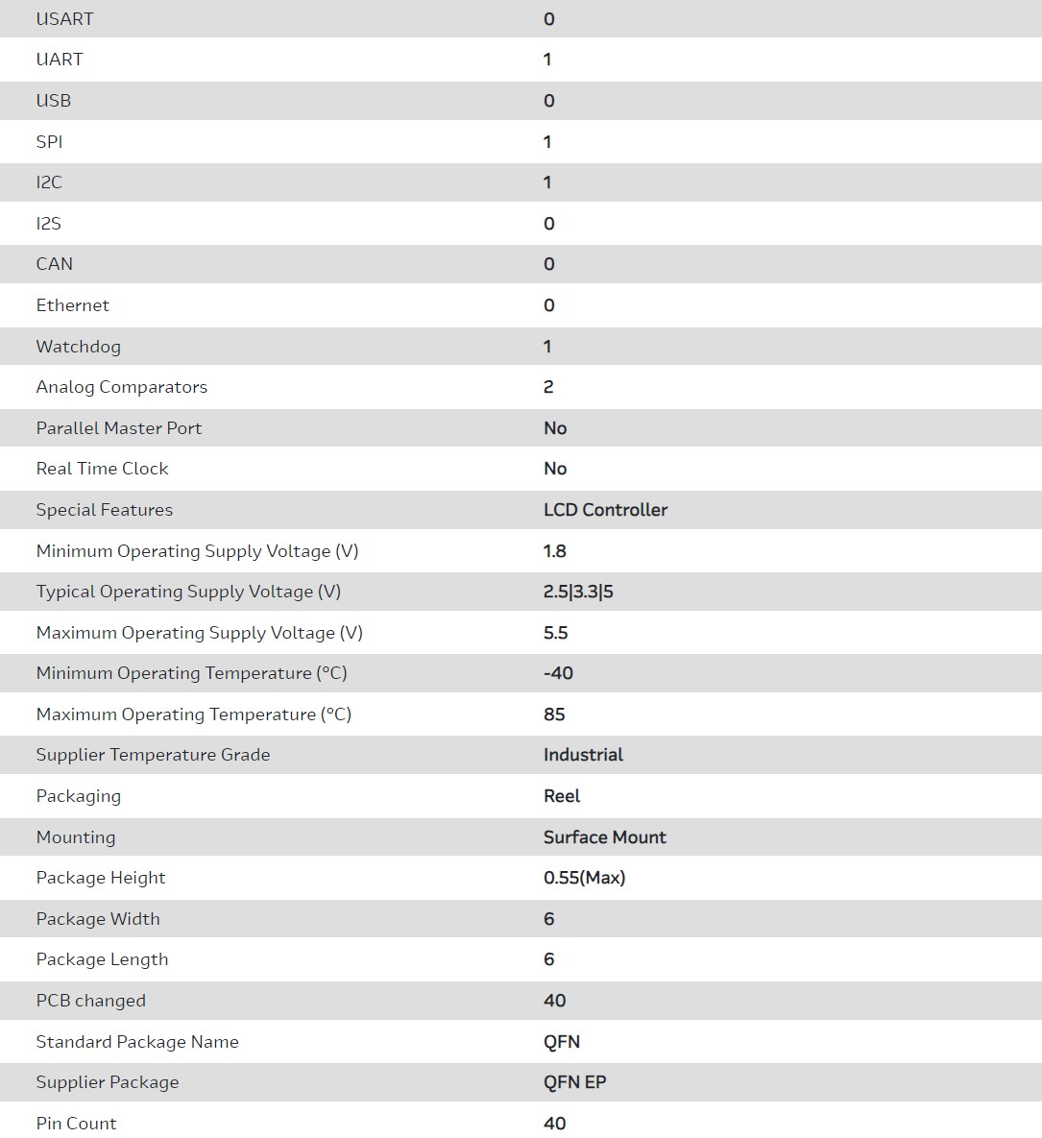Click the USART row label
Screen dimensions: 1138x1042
point(64,19)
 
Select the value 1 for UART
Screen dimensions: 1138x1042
point(547,60)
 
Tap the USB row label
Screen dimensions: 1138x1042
point(54,101)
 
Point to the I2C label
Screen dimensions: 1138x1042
point(49,182)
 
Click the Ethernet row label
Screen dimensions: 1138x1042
point(73,305)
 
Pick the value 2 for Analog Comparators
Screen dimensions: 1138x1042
point(548,387)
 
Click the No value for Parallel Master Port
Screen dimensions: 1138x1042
point(555,428)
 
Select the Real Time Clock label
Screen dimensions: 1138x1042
point(102,469)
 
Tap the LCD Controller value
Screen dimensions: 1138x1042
point(605,510)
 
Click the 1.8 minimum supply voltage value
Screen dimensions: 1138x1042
point(555,551)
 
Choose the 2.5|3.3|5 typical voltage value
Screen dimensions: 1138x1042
point(578,592)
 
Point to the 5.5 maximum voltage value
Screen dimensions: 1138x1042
point(556,633)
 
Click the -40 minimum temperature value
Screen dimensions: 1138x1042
point(558,673)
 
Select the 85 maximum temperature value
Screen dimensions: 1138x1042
point(554,714)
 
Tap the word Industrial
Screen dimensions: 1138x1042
point(583,755)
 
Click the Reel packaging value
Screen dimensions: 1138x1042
point(562,796)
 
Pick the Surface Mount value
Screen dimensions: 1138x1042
point(604,837)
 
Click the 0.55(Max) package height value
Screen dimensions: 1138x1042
point(584,878)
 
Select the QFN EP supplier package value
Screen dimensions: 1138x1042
point(574,1082)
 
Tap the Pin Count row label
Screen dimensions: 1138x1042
point(76,1124)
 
